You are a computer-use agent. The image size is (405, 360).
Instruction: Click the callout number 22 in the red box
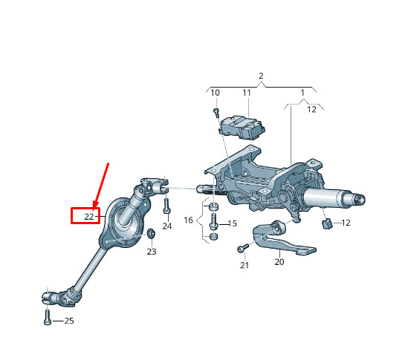point(88,217)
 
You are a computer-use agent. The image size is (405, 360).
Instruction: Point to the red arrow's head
point(96,204)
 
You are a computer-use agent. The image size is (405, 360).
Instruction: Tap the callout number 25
point(69,321)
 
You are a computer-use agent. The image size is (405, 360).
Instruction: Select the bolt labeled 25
point(48,317)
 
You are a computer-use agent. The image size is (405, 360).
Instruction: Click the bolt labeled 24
point(166,206)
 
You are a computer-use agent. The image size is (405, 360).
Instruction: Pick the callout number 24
point(167,226)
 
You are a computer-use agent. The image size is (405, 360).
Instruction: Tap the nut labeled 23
point(151,233)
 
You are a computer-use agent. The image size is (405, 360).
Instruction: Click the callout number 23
point(152,252)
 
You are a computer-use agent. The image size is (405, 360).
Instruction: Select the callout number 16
point(188,220)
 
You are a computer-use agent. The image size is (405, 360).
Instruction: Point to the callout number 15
point(233,223)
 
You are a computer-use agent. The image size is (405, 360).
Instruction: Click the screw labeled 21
point(242,248)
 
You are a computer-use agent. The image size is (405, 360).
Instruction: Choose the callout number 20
point(279,262)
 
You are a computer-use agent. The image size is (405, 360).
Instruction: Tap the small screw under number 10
point(216,113)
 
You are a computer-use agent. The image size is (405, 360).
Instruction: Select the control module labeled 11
point(242,128)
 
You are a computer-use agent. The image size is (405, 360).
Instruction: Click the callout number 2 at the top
point(261,76)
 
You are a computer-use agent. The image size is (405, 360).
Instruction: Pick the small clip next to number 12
point(327,223)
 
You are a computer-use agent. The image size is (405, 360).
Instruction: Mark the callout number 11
point(247,93)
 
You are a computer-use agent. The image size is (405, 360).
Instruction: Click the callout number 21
point(244,265)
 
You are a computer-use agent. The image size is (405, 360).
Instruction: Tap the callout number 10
point(216,93)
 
